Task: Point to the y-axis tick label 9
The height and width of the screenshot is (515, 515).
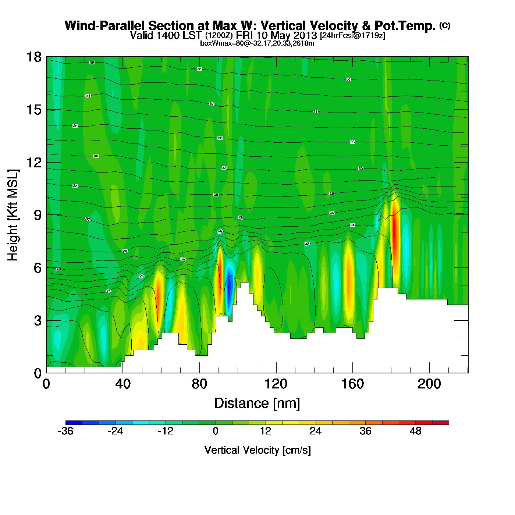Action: coord(38,215)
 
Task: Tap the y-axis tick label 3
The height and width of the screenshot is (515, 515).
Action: coord(38,321)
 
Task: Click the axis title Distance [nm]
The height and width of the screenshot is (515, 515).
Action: coord(257,404)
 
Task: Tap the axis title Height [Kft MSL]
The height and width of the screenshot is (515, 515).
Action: coord(13,215)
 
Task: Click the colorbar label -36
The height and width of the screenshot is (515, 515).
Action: coord(65,431)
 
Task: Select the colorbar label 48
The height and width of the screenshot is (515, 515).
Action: coord(415,431)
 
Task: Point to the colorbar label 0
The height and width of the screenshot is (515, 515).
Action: coord(216,431)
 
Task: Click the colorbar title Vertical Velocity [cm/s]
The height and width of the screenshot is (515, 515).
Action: coord(257,450)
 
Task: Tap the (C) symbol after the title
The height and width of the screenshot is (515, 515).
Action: coord(445,25)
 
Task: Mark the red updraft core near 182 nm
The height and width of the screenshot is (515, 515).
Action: coord(395,235)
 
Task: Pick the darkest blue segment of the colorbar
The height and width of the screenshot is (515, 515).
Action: coord(74,423)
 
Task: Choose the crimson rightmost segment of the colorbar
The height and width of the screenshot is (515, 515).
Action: coord(440,423)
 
